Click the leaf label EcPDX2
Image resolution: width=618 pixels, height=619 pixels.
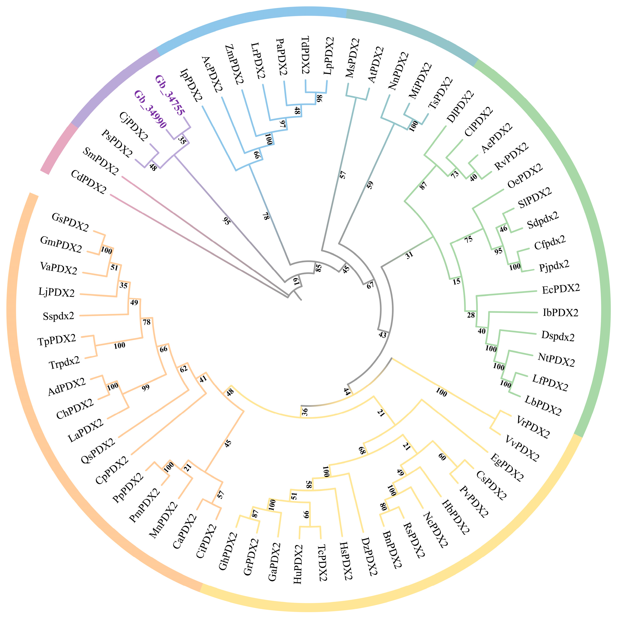(x=561, y=289)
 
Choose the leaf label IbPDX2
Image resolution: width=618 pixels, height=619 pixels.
(x=560, y=313)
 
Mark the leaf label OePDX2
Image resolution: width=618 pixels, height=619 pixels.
(x=525, y=176)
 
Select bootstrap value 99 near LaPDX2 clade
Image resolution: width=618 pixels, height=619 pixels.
(x=146, y=388)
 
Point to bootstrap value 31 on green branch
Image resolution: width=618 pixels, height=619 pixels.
(x=409, y=255)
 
